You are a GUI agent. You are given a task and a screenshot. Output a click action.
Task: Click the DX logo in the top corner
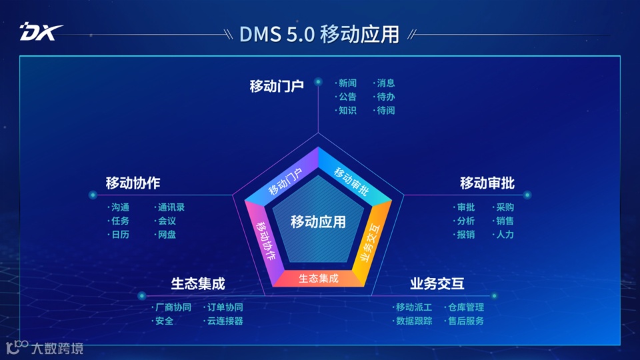point(41,31)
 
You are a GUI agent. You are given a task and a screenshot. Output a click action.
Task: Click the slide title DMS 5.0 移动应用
point(319,33)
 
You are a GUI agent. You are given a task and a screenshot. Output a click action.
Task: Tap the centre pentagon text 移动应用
point(319,222)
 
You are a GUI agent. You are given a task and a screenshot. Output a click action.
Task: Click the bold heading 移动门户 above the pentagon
point(277,86)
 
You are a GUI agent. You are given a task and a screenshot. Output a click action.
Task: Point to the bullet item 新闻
point(347,83)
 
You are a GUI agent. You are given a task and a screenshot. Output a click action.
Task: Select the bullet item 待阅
point(385,111)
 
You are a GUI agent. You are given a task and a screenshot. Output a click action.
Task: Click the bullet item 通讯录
point(171,207)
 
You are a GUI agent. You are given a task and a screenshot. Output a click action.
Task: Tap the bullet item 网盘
point(166,235)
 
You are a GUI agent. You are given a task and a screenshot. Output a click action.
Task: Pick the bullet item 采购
point(505,207)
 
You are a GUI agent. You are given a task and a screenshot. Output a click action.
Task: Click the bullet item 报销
point(465,235)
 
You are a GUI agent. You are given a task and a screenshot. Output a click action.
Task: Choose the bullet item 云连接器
point(225,321)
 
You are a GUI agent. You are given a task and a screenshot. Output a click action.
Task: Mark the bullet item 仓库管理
point(465,307)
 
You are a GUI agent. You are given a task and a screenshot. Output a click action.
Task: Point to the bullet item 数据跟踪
point(413,321)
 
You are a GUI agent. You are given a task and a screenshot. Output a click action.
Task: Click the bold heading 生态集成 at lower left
point(198,283)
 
